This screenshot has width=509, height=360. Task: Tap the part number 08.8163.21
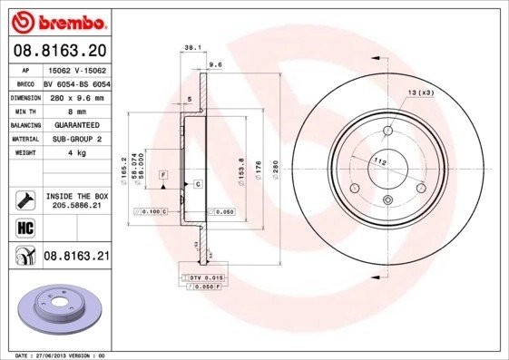pos(77,258)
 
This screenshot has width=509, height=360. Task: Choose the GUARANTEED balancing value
pos(76,125)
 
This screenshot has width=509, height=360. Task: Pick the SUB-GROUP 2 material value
pos(76,139)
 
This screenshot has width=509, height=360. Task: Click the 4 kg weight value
pos(76,153)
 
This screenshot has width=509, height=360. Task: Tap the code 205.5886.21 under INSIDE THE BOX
pos(77,205)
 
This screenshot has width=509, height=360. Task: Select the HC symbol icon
pos(23,227)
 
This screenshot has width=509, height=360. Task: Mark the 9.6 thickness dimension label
pos(216,65)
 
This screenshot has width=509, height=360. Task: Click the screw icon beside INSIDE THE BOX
pos(24,199)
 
